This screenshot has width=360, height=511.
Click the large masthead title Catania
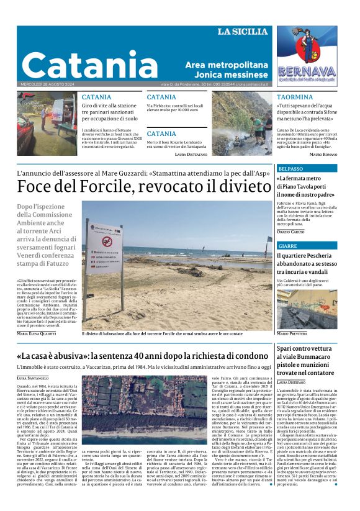[90, 65]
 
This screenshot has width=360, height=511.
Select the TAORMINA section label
[295, 97]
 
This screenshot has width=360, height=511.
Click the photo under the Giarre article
[307, 309]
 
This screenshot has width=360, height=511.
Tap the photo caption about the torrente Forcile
[162, 334]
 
